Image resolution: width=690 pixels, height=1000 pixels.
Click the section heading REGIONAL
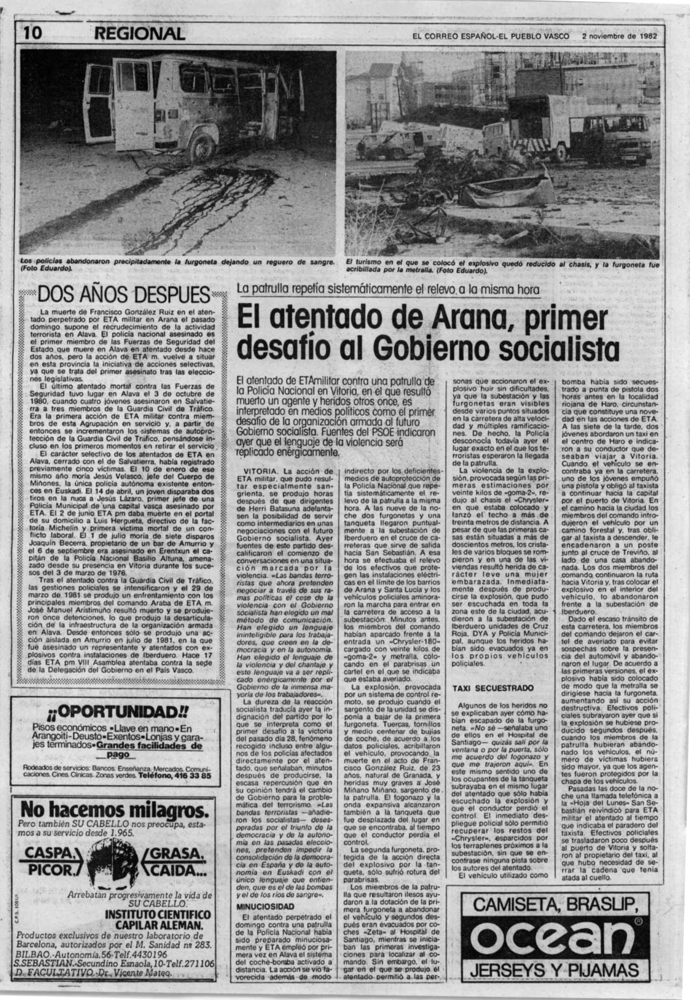point(140,34)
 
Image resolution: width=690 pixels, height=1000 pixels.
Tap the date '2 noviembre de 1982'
point(620,37)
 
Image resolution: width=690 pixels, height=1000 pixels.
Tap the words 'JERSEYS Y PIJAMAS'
point(554,969)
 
